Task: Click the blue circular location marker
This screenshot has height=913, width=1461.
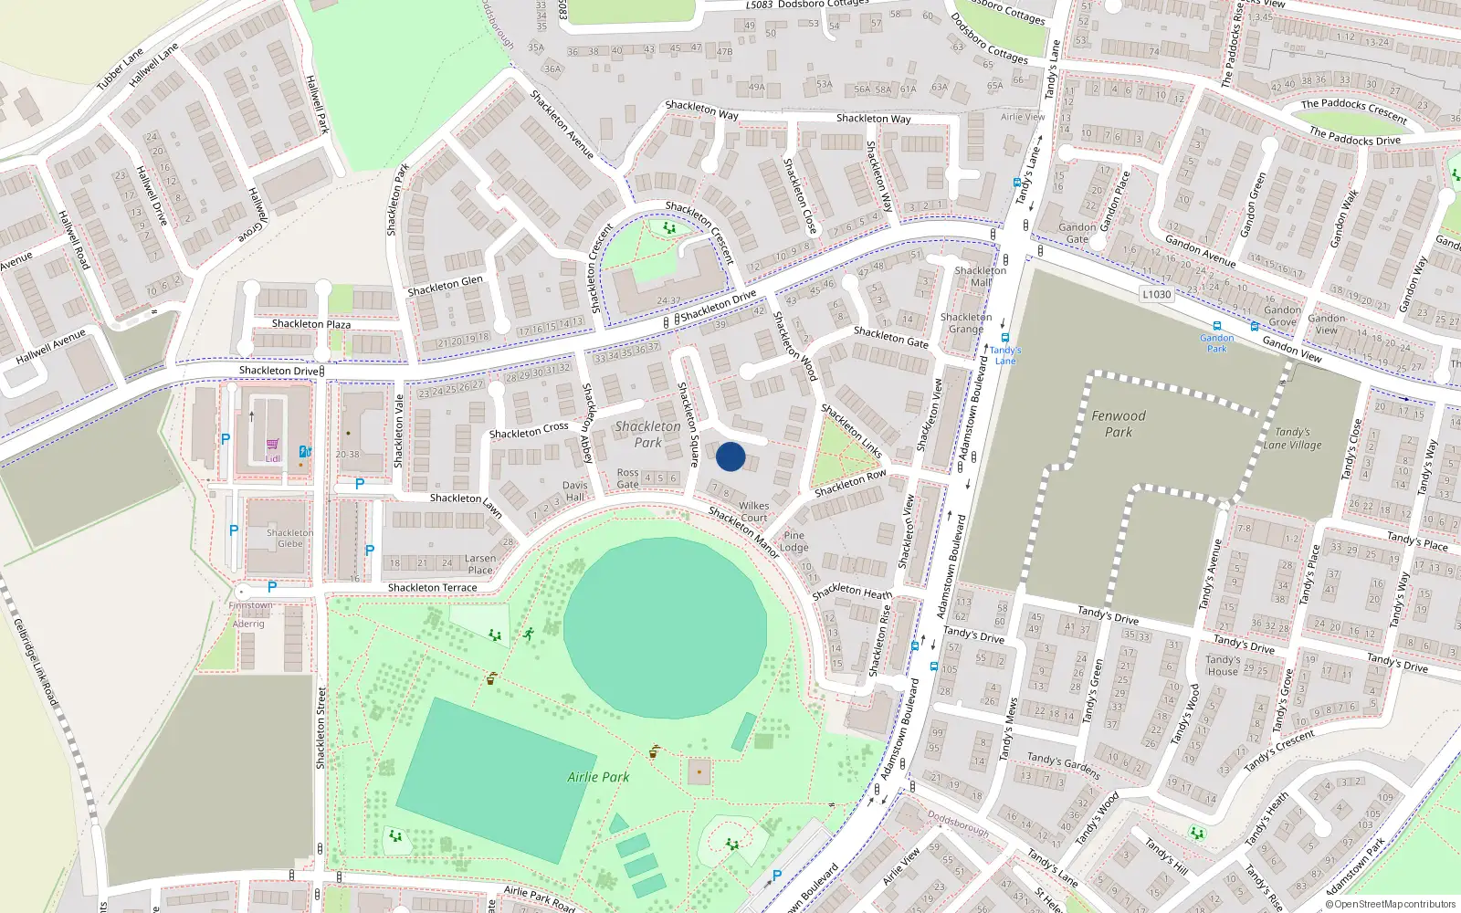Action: (730, 456)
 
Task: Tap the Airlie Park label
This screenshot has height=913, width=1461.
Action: (598, 777)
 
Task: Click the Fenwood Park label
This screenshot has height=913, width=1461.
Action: (1118, 424)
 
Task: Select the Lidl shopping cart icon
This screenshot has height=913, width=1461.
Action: (272, 445)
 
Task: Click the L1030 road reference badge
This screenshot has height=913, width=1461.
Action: (1156, 294)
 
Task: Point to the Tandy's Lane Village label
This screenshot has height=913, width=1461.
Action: (1292, 438)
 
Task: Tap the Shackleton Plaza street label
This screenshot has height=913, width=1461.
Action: (310, 324)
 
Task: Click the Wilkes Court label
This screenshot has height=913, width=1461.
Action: (753, 511)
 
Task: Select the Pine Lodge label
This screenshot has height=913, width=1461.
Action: (794, 541)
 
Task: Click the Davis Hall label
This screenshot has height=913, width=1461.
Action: (574, 491)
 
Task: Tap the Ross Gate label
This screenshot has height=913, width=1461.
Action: (628, 478)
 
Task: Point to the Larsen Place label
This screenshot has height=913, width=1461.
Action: (480, 564)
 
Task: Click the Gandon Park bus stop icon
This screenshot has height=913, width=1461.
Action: (1216, 327)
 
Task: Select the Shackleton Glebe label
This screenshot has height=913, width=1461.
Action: (289, 538)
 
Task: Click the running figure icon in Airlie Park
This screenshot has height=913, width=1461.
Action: (528, 634)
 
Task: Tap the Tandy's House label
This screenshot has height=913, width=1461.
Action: (1222, 665)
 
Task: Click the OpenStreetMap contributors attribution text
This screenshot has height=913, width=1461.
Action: (1390, 904)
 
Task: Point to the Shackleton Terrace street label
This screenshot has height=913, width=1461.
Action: (432, 587)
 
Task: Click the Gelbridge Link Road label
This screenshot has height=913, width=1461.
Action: (36, 662)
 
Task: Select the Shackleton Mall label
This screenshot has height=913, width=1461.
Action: (980, 277)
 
